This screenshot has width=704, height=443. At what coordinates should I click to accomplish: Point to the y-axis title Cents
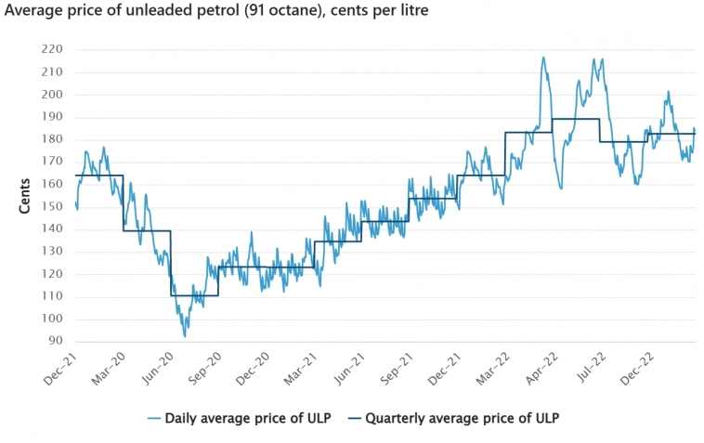(x=25, y=191)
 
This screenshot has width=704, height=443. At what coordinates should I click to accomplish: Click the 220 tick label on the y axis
(x=51, y=49)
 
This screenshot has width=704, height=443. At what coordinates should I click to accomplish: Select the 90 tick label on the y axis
(x=54, y=341)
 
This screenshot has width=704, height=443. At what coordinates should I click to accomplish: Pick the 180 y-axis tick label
(x=51, y=139)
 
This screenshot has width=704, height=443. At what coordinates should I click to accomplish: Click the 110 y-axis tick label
(x=51, y=296)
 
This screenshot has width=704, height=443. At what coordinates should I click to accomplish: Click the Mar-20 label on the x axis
(x=109, y=370)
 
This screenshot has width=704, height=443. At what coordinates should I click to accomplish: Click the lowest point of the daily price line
(x=185, y=335)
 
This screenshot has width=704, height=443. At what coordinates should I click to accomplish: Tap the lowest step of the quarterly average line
(x=194, y=295)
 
